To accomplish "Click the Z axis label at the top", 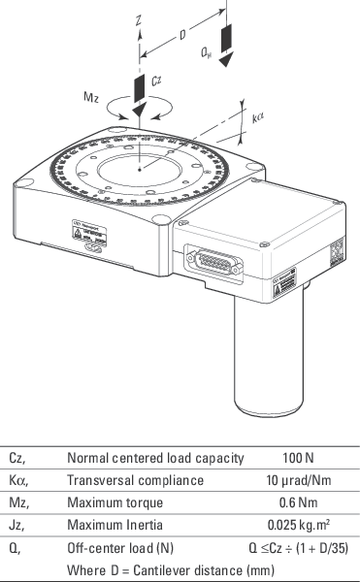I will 141,18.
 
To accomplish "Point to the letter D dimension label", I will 181,36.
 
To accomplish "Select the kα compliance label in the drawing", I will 258,119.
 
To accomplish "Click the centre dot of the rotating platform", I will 141,170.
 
